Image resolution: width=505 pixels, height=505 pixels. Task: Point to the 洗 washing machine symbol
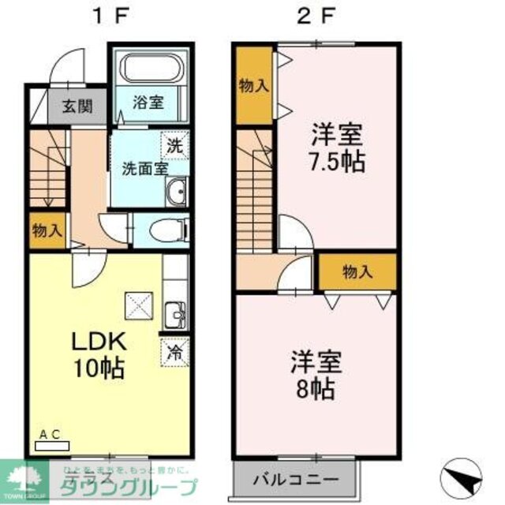tap(174, 144)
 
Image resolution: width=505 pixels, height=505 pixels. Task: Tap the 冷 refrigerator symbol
tap(174, 352)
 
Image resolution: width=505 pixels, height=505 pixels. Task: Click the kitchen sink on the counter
tap(175, 316)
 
